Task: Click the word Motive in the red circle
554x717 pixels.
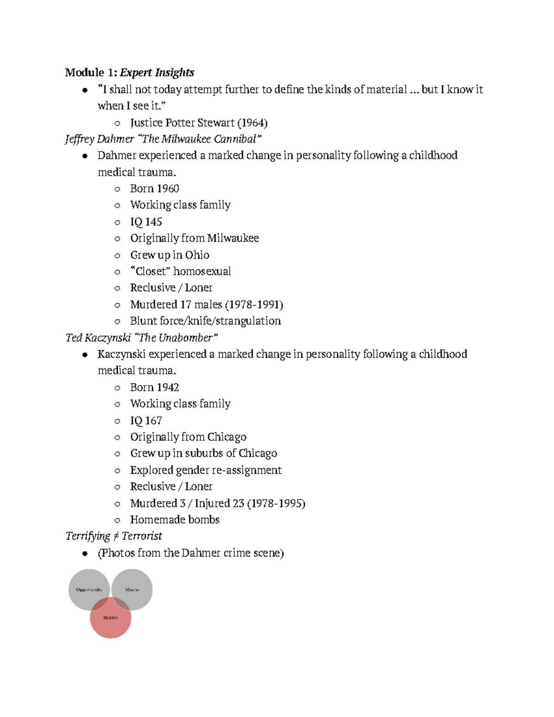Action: click(110, 617)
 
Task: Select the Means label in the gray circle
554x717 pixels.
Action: click(132, 590)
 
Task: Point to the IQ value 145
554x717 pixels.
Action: click(153, 222)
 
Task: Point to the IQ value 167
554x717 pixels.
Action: click(153, 421)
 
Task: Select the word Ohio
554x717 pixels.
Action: click(197, 255)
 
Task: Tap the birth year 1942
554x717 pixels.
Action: click(168, 387)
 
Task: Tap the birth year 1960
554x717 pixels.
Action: click(168, 189)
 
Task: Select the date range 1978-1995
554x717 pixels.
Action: click(276, 503)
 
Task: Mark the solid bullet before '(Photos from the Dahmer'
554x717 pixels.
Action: click(84, 554)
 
